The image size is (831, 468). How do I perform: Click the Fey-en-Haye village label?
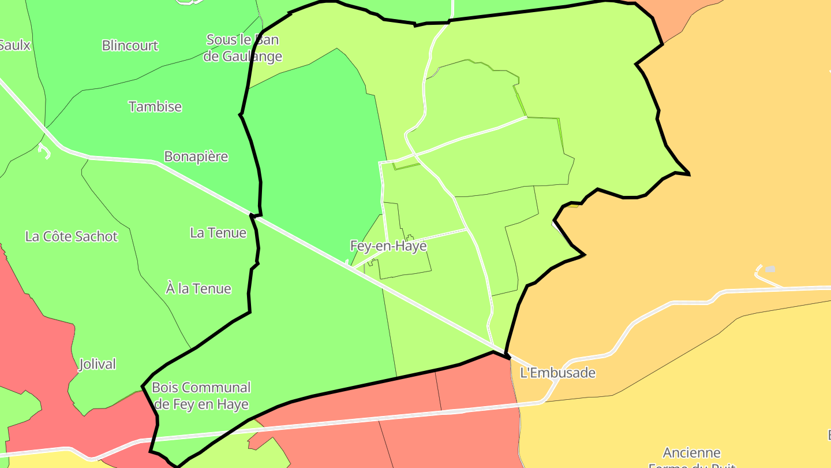click(x=388, y=246)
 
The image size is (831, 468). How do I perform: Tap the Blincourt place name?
click(x=130, y=46)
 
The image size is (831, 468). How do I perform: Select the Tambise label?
click(x=155, y=107)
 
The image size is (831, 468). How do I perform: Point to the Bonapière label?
click(x=196, y=157)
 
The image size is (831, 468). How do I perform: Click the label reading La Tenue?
click(x=218, y=233)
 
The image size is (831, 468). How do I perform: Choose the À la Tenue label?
click(x=199, y=288)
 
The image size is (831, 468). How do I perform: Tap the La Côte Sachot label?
click(x=72, y=236)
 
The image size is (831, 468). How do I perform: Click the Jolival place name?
click(x=98, y=364)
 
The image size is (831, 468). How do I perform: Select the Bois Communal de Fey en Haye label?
click(x=201, y=396)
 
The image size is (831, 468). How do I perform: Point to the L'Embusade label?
click(x=557, y=373)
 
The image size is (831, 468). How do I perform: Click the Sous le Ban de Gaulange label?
click(x=243, y=48)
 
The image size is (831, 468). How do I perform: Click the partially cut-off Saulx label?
click(x=14, y=45)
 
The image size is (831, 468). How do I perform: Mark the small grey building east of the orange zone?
click(x=770, y=269)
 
